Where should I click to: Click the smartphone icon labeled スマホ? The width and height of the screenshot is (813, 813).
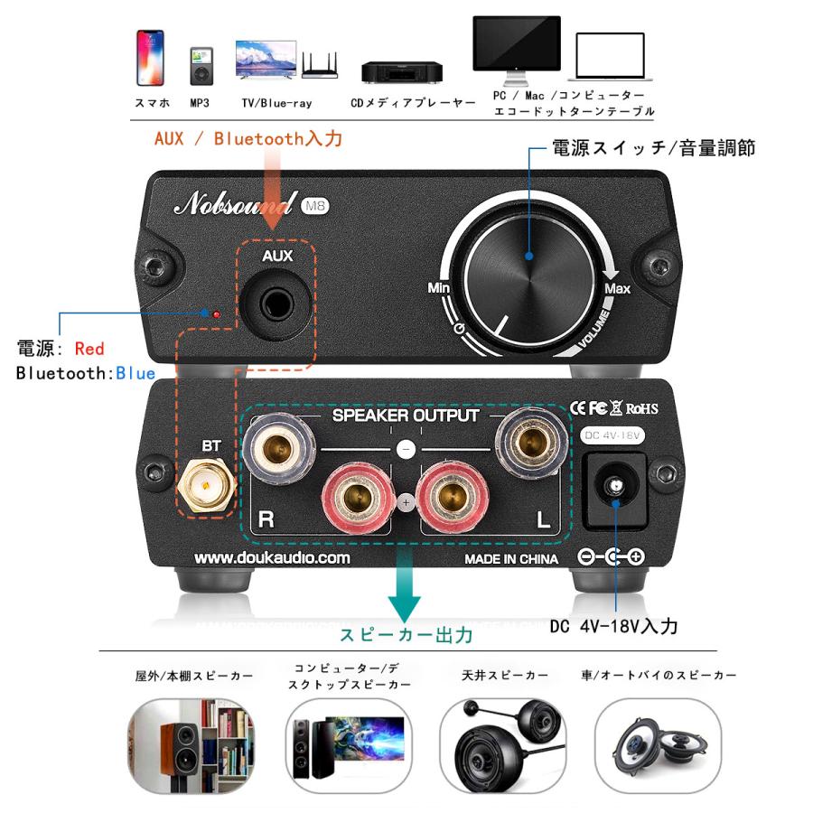point(150,59)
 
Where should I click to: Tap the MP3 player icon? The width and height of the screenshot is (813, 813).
point(200,66)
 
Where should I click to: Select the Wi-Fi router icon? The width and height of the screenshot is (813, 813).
point(318,64)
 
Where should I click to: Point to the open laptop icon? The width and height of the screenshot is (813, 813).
point(611,59)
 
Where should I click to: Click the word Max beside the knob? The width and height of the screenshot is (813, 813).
point(618,289)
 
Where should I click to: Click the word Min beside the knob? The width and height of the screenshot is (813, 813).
point(439,288)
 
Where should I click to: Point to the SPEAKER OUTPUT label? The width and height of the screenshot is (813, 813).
point(406,416)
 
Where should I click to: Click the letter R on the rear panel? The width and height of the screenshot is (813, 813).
point(266,519)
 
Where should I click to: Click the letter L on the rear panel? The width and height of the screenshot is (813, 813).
point(543,519)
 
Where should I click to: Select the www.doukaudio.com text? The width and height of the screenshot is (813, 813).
point(272,558)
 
